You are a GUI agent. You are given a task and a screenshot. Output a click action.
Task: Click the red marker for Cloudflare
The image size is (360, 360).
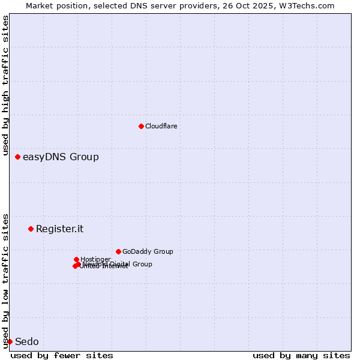click(141, 126)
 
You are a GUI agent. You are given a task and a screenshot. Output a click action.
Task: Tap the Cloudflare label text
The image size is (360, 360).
click(161, 126)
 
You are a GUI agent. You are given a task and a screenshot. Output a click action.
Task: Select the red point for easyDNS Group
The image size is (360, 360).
click(17, 157)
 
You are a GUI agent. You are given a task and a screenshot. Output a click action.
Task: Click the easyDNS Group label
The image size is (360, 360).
click(61, 157)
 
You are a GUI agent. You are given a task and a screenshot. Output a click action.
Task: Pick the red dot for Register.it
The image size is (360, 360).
click(31, 229)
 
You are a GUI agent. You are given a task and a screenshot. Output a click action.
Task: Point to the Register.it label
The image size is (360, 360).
click(59, 229)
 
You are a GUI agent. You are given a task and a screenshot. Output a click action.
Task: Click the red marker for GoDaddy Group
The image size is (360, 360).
click(118, 251)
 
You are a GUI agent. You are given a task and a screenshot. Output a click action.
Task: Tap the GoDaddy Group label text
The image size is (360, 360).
click(148, 252)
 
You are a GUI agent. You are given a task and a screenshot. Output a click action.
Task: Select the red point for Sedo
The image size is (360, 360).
click(10, 341)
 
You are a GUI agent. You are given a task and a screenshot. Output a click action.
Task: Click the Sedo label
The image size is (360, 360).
click(26, 342)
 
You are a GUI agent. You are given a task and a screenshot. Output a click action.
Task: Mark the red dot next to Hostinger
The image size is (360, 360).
click(76, 259)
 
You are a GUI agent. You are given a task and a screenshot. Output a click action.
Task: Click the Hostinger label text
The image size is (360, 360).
click(96, 259)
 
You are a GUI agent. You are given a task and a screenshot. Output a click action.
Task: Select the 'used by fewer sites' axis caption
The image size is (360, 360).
click(62, 355)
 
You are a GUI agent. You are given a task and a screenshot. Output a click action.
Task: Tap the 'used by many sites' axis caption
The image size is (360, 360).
click(301, 355)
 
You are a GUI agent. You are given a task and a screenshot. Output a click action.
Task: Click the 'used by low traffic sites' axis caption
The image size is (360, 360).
click(5, 280)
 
